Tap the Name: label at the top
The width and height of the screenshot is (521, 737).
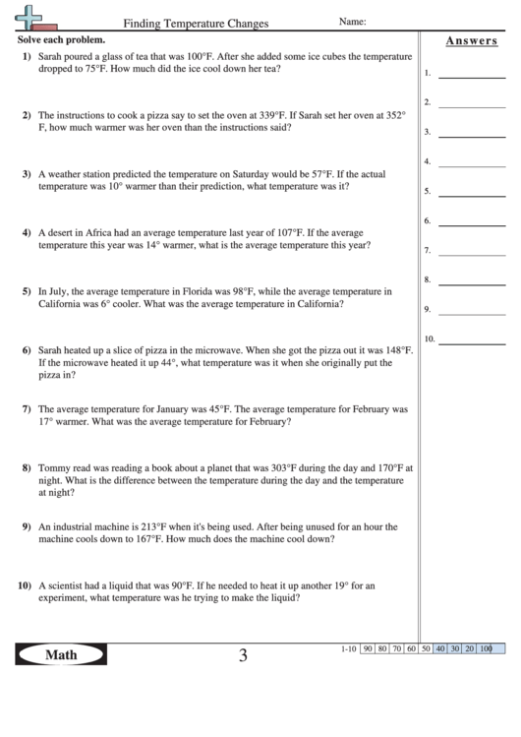(x=352, y=21)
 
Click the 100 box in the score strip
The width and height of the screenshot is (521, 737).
(x=486, y=649)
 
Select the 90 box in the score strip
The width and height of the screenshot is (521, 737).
(x=368, y=649)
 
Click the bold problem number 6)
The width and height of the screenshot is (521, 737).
(x=27, y=350)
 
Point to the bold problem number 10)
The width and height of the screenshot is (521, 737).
(x=25, y=585)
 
